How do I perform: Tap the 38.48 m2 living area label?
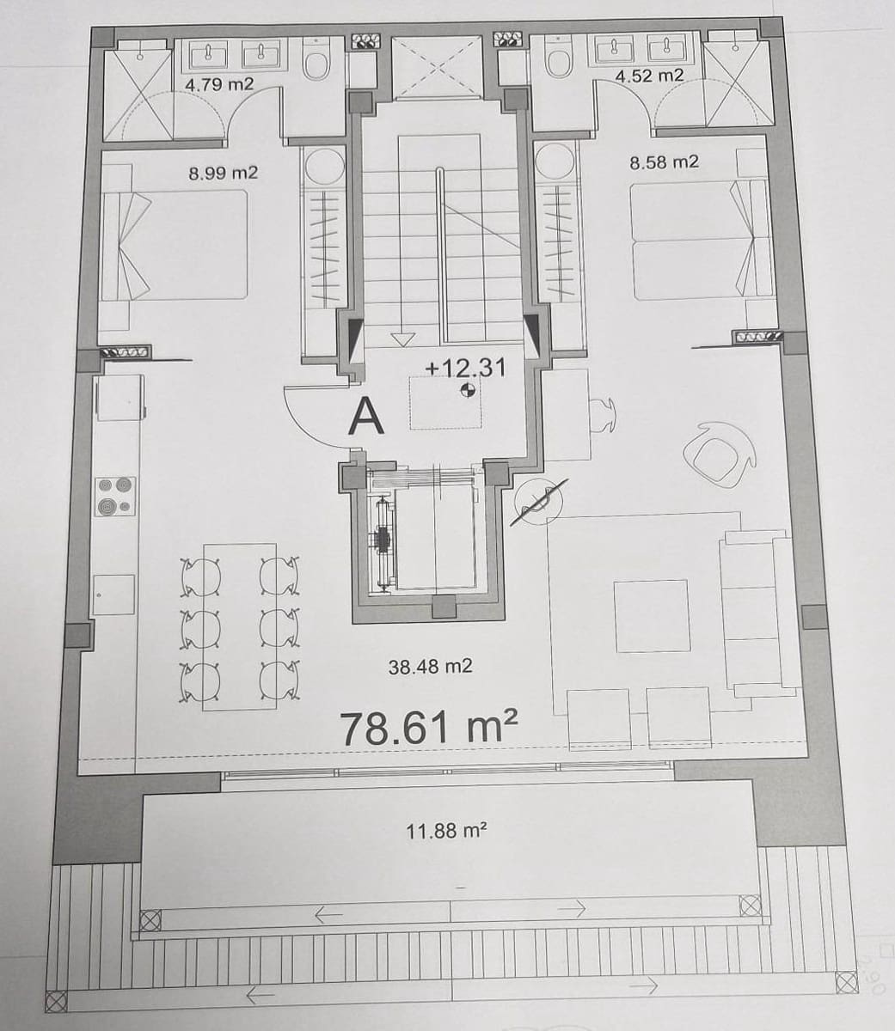430,666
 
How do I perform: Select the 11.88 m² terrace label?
446,831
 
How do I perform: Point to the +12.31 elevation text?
465,369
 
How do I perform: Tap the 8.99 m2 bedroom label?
223,173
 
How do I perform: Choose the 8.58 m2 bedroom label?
664,162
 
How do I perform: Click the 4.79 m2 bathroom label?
219,84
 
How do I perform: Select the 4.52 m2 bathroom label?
650,76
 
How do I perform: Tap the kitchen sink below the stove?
113,595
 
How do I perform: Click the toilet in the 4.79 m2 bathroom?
317,61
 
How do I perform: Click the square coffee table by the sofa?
651,615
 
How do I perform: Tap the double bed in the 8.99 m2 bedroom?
176,245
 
